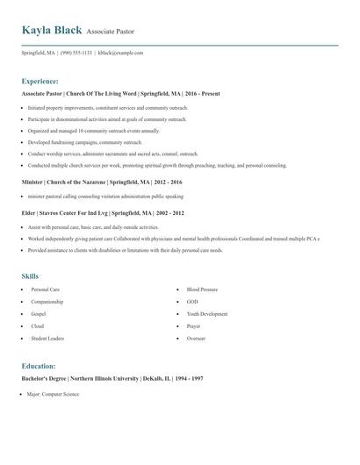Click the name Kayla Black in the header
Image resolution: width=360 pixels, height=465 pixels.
[52, 30]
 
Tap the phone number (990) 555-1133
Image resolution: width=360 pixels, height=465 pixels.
[76, 53]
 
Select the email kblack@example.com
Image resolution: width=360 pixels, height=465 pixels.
[120, 53]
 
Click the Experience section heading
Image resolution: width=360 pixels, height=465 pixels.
[40, 80]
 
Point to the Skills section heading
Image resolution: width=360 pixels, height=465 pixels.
[31, 275]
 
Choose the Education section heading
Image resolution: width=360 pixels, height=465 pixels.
[39, 365]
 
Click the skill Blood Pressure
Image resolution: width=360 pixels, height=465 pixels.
[202, 289]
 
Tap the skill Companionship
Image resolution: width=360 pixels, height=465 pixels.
[48, 301]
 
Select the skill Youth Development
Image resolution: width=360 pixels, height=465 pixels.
[206, 313]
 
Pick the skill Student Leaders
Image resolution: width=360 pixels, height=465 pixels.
[48, 338]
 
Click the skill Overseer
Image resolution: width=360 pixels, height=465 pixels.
[196, 338]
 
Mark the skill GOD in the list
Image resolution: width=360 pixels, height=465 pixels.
[192, 301]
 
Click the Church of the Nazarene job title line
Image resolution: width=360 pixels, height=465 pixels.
[103, 182]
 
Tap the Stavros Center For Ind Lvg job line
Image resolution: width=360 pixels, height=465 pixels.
[103, 211]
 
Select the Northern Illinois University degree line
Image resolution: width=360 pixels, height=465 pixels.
[112, 378]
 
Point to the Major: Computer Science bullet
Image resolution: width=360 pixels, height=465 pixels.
[54, 394]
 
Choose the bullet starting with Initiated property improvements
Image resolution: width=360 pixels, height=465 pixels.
[108, 107]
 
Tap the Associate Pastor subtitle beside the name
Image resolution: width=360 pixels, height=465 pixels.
[111, 32]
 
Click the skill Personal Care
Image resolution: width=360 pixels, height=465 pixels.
[46, 289]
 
